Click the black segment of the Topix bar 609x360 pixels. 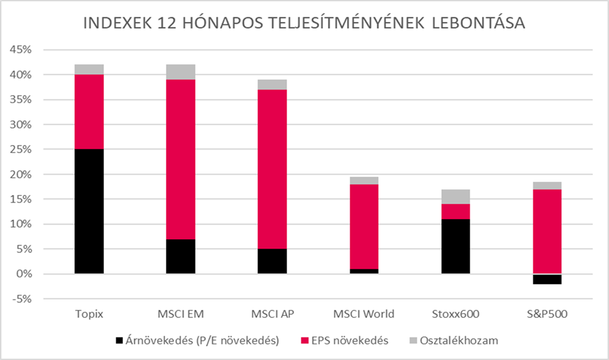(89, 211)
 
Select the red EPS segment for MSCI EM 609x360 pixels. (181, 159)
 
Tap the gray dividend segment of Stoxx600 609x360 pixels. (455, 197)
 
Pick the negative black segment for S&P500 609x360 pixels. (547, 279)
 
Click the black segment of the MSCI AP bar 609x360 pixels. (272, 261)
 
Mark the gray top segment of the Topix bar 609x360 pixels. (89, 70)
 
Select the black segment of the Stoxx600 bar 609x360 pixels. (455, 247)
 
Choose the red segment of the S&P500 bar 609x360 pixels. (547, 232)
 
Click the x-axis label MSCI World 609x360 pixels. (364, 314)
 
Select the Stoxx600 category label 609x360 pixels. (455, 314)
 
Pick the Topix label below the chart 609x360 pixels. (89, 314)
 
